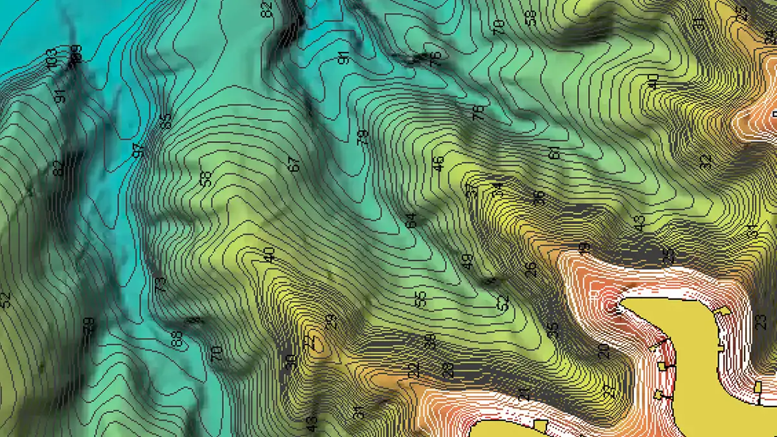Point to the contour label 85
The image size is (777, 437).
tap(166, 121)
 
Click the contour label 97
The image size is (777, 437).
tap(138, 151)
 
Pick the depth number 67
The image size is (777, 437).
tap(295, 164)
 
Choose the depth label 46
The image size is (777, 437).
tap(439, 163)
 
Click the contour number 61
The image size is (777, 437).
tap(554, 153)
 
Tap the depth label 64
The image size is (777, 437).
tap(411, 220)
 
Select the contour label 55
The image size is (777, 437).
tap(420, 298)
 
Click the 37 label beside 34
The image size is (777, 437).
tap(471, 190)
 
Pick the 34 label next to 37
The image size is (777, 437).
tap(497, 189)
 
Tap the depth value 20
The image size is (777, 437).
tap(603, 351)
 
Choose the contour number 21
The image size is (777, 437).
tap(524, 394)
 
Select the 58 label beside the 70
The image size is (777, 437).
tap(532, 17)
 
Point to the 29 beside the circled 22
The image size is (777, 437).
tap(331, 321)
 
